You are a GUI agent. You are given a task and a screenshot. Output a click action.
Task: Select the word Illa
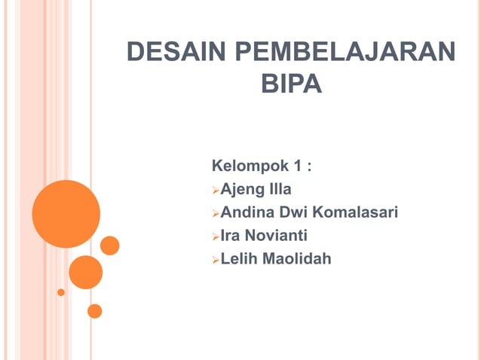276,188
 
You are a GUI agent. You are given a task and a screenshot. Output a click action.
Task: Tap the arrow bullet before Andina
215,213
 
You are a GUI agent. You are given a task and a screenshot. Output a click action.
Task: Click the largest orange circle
66,214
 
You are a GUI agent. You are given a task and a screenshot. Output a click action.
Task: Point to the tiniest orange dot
61,292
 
